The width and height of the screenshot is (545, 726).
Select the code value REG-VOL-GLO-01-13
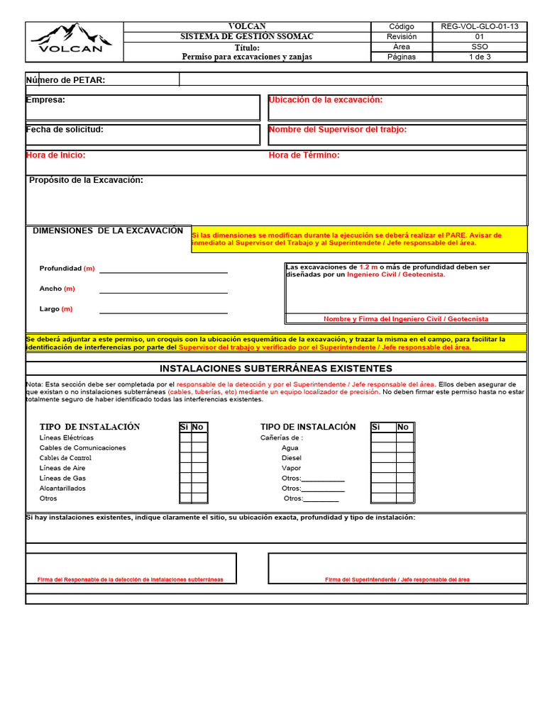480,26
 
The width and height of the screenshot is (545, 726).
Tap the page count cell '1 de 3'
480,57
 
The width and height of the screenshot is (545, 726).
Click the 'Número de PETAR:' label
66,80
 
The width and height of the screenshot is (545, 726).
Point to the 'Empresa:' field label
46,100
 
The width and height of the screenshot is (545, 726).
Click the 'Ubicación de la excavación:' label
326,100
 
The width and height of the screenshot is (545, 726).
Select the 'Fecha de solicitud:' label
65,130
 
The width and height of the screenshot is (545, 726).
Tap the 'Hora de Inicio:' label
56,155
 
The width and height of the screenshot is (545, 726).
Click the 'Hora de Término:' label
304,155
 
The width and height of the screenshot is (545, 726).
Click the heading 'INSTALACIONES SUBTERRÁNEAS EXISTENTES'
276,369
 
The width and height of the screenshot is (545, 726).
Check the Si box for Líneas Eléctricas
185,437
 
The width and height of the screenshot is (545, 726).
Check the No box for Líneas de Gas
199,478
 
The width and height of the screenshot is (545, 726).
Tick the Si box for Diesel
383,458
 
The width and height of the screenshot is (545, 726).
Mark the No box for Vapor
404,468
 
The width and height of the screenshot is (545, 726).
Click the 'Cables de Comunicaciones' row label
82,448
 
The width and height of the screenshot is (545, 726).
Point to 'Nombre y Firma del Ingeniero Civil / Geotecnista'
406,319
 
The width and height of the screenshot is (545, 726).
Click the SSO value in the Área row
480,47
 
